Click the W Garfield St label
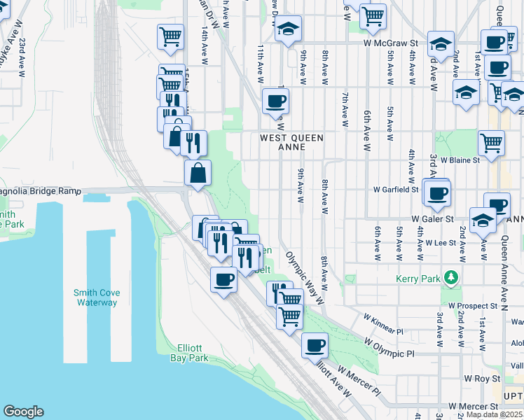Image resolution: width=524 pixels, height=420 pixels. [x=396, y=189]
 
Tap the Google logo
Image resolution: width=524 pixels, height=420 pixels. [x=23, y=412]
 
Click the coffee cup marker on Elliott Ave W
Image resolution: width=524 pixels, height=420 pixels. [x=315, y=344]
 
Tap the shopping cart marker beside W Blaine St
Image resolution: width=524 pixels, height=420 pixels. [x=492, y=143]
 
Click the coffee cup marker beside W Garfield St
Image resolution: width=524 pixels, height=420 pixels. [x=437, y=193]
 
